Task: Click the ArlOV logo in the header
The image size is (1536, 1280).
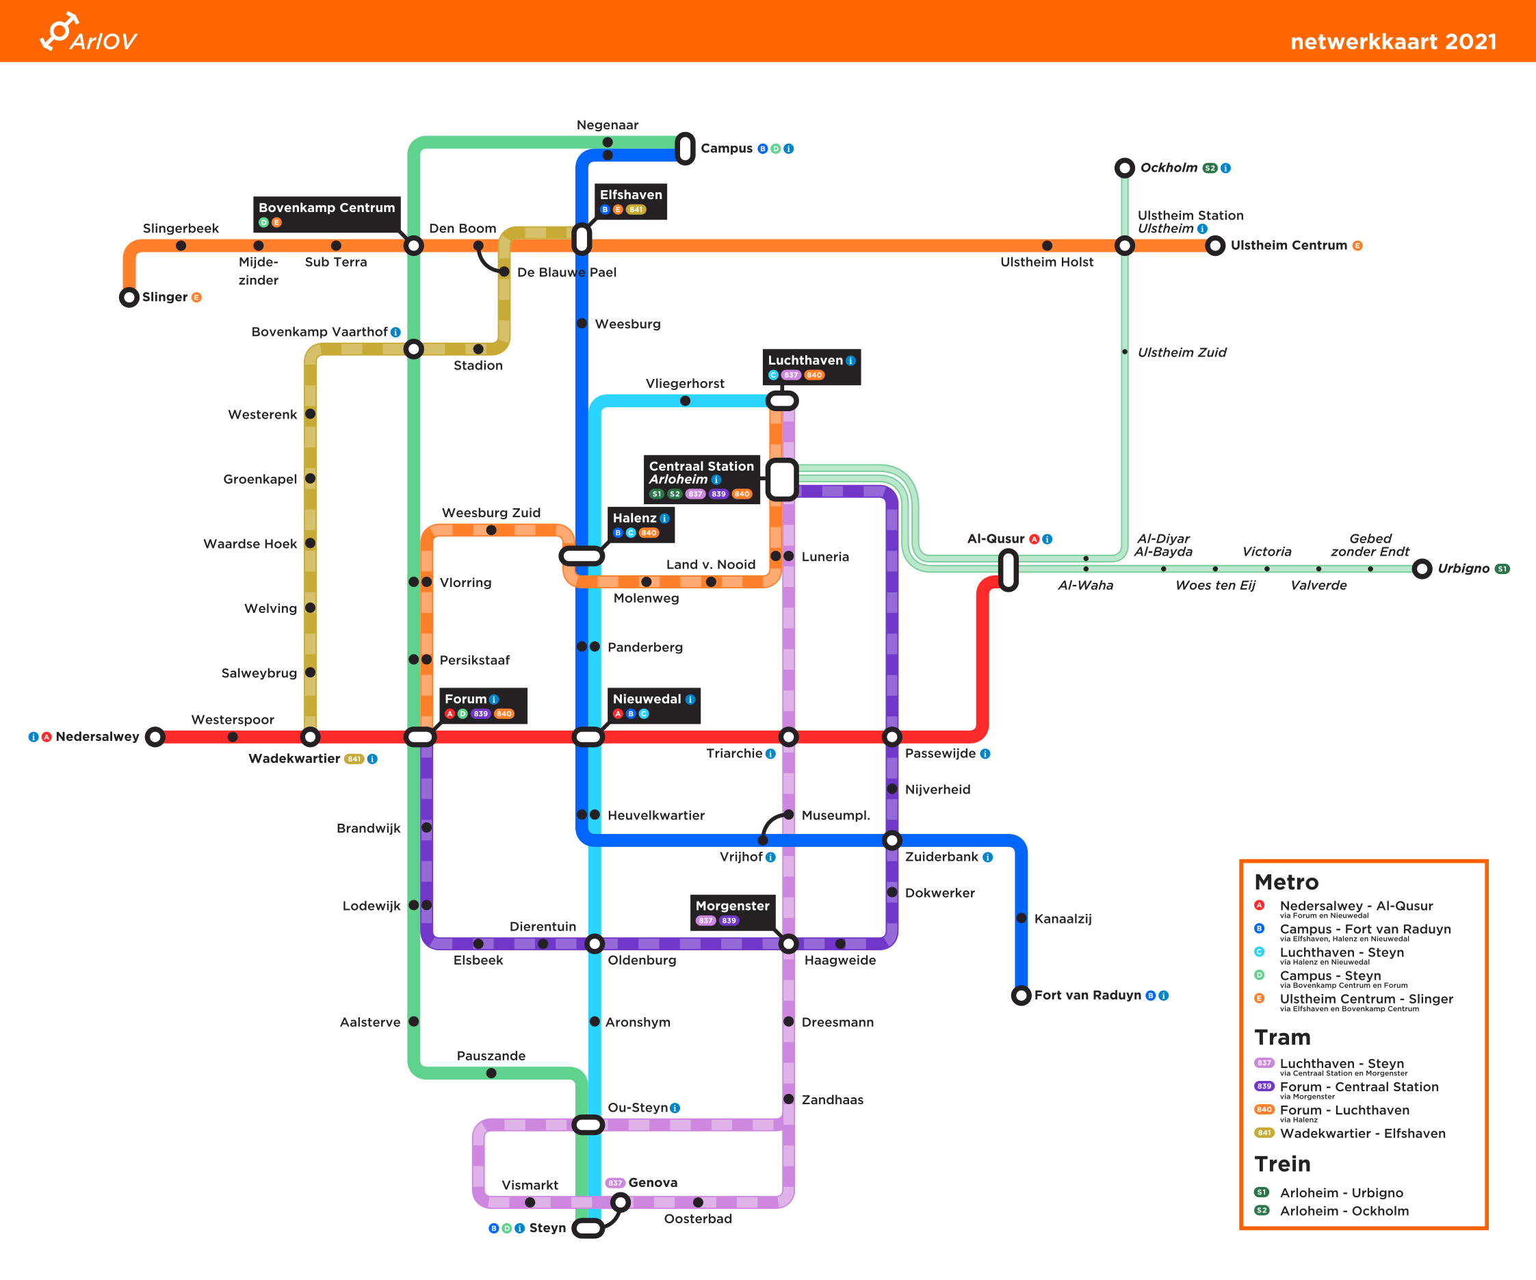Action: tap(88, 33)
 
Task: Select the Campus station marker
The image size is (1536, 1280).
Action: tap(685, 148)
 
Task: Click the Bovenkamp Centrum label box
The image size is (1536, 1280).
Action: tap(326, 213)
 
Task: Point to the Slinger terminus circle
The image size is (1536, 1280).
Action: tap(129, 297)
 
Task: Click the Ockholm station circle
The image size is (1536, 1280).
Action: tap(1124, 168)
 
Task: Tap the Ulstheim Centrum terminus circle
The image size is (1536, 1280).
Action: tap(1215, 246)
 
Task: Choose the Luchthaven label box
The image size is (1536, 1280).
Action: tap(812, 367)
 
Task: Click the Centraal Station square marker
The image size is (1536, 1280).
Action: tap(782, 480)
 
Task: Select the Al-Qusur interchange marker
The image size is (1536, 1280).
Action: tap(1008, 570)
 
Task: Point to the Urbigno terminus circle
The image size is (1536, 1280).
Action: tap(1421, 569)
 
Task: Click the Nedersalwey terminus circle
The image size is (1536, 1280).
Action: tap(155, 737)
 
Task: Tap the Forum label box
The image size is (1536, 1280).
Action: tap(482, 705)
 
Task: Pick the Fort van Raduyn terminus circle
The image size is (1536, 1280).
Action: tap(1020, 995)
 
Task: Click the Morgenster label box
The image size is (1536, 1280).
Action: tap(732, 912)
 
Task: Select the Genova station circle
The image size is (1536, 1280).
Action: tap(619, 1202)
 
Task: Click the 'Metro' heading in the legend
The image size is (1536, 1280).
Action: tap(1286, 882)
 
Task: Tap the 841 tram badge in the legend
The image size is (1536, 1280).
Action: tap(1263, 1133)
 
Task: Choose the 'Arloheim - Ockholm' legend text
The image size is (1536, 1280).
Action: tap(1344, 1210)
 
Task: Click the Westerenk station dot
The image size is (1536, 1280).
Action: tap(310, 414)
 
